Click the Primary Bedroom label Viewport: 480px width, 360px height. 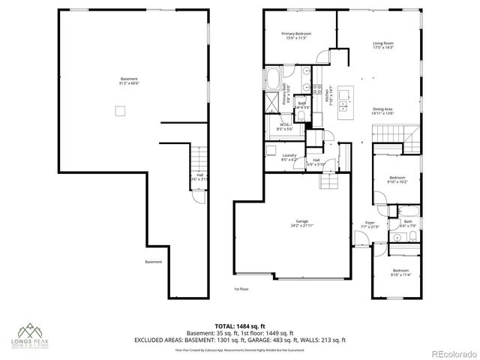tap(297, 36)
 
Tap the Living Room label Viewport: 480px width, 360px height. tap(383, 46)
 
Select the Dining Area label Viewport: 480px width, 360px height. tap(383, 112)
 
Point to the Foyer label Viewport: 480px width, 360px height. tap(370, 224)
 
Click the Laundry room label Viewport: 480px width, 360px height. tap(289, 157)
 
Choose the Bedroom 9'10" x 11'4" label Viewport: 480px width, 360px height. tap(400, 272)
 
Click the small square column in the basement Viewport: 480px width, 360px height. tap(118, 111)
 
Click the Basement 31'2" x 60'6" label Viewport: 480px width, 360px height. tap(129, 81)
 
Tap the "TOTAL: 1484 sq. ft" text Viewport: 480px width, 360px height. tap(239, 325)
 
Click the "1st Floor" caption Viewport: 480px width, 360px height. tap(241, 287)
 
